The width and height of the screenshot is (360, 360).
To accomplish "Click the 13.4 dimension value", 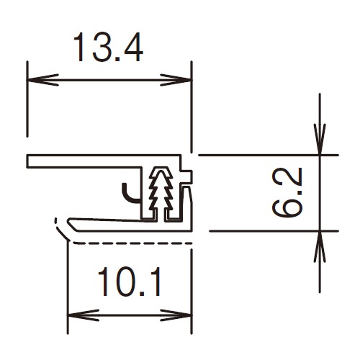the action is point(108,48).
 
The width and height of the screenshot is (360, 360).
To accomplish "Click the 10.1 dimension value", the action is point(130,282).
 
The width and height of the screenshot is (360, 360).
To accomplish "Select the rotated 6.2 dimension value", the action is point(287,192).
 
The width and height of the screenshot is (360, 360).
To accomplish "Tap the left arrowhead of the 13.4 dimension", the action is point(42,80).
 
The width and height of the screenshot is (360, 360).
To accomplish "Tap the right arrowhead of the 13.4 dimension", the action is point(176,80).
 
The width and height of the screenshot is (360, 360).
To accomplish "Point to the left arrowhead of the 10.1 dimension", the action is point(84,315).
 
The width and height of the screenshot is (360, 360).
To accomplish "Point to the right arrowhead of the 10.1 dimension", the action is point(176,315).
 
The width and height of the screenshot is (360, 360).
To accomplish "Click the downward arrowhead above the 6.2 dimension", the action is point(320,139).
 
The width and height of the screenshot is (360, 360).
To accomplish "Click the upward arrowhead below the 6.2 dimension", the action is point(320,247).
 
